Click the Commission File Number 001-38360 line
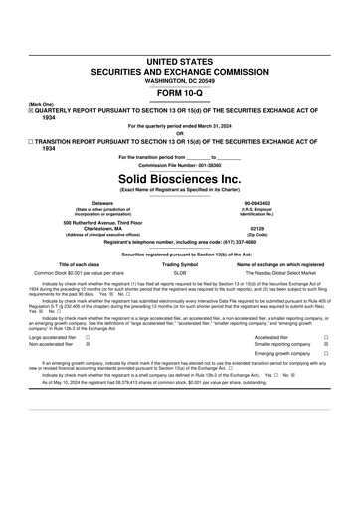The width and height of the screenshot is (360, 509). pos(179,164)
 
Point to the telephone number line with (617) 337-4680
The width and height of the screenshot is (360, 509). pos(179,242)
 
